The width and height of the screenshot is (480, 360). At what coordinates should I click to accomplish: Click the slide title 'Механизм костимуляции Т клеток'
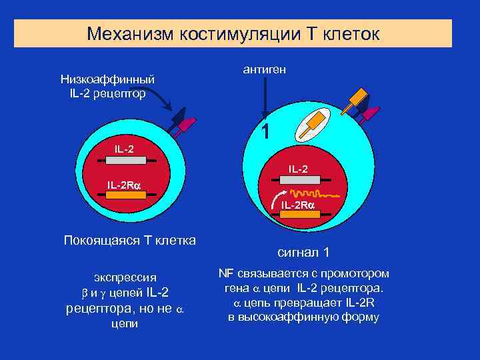pos(233,33)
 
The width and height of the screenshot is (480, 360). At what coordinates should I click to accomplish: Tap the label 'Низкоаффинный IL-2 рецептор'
pos(107,87)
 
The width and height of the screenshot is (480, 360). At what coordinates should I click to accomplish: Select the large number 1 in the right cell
pos(265,132)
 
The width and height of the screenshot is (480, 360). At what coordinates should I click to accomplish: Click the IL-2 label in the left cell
pos(124,148)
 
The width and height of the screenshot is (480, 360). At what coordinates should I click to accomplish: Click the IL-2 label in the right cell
pos(298,169)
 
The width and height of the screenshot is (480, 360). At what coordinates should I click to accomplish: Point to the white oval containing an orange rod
pos(312,123)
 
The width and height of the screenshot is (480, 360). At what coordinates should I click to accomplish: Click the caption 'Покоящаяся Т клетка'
pos(129,240)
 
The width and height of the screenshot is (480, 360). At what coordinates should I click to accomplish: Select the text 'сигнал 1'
pos(303,253)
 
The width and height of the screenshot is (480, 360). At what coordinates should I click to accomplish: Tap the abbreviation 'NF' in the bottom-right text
pos(226,273)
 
